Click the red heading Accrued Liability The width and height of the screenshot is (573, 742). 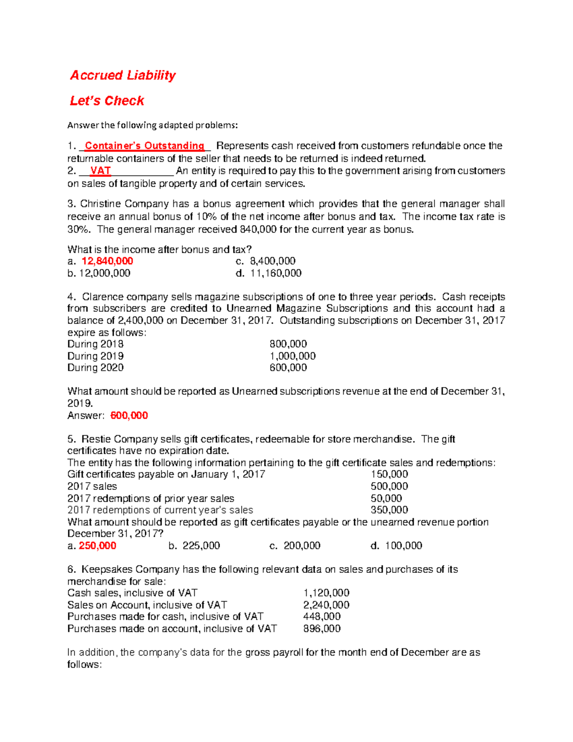(x=123, y=75)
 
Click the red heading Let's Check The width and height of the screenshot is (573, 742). (x=106, y=101)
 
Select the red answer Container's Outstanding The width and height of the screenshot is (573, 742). (x=144, y=146)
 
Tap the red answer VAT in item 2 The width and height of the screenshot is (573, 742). (x=100, y=171)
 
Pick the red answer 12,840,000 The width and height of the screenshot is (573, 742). (x=107, y=261)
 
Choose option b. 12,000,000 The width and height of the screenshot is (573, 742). (x=99, y=273)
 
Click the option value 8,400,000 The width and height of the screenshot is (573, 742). (x=273, y=261)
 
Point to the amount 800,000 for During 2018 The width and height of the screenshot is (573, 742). (x=288, y=344)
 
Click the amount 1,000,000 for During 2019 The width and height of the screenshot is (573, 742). (x=292, y=356)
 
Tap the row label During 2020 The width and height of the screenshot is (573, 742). (x=95, y=368)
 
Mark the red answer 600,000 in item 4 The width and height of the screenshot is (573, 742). (x=129, y=416)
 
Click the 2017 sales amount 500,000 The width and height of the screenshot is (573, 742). (x=389, y=486)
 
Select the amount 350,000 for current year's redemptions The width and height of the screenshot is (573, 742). (x=389, y=510)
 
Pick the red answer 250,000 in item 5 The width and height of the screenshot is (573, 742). (x=97, y=546)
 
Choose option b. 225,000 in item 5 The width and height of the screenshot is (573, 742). (x=201, y=546)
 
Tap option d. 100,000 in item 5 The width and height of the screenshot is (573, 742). (x=403, y=546)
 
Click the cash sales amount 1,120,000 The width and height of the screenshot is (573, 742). (x=326, y=593)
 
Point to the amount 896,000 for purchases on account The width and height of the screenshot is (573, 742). (x=322, y=629)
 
